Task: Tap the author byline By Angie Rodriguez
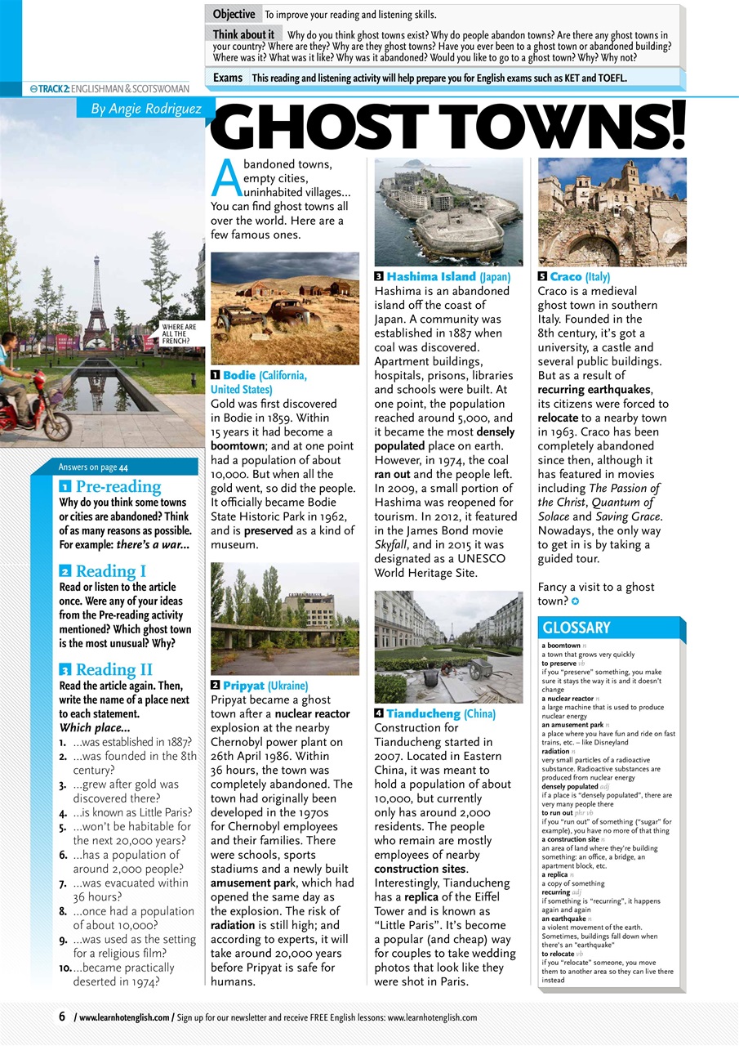146,108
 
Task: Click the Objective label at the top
234,15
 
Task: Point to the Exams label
228,78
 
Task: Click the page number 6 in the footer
61,1017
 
